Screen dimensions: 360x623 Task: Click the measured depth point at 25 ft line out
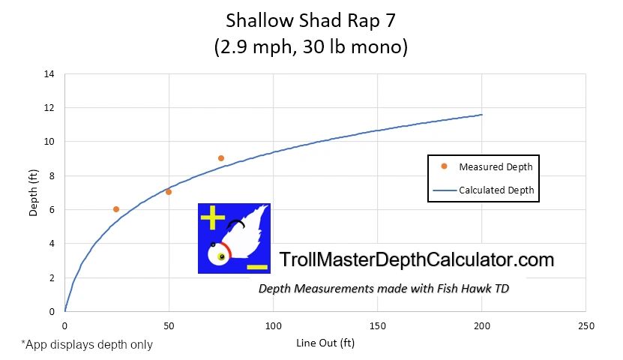116,209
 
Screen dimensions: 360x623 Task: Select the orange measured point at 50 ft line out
169,192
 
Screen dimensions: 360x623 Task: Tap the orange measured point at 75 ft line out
221,158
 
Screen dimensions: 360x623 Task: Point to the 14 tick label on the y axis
49,74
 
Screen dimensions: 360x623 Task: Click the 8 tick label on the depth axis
52,176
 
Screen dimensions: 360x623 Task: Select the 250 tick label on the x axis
586,326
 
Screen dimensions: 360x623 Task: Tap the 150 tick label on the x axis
377,326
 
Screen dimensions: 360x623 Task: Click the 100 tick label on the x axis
273,326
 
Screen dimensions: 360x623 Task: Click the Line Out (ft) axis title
325,343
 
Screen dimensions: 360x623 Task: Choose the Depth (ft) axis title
33,192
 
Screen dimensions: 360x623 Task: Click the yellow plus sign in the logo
213,218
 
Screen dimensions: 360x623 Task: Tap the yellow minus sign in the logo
256,266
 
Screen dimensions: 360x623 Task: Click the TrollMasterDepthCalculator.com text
416,260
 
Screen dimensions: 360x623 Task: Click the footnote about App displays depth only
87,345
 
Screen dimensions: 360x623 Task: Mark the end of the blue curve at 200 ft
481,115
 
